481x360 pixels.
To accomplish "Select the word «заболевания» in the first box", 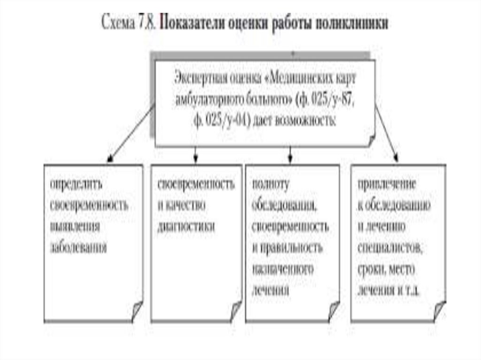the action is click(x=78, y=247).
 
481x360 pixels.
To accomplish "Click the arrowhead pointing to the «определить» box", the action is click(x=110, y=160).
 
